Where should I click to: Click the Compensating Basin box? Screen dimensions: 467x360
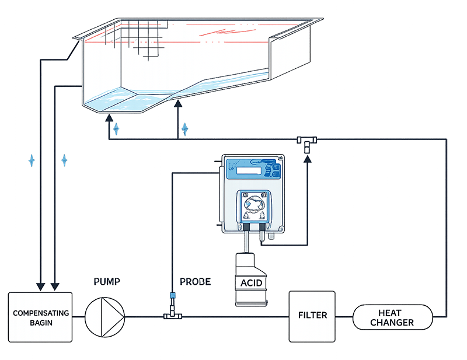40,317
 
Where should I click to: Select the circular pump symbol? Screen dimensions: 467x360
105,317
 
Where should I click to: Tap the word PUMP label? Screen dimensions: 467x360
107,282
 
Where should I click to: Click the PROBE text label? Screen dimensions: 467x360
196,282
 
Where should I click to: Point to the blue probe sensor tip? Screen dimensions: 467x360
172,295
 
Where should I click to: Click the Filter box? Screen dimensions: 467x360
312,316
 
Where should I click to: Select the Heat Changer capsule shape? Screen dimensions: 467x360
392,317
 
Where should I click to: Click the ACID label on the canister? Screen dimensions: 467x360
252,282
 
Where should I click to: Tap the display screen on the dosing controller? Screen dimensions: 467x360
249,170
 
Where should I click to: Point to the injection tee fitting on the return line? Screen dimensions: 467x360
307,143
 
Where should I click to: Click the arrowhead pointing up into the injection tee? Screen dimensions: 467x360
308,159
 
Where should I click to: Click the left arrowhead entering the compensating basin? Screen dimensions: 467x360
40,286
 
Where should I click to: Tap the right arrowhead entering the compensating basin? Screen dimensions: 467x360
55,286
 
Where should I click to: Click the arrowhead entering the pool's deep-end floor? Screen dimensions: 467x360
109,118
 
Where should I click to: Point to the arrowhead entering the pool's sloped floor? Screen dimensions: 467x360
178,103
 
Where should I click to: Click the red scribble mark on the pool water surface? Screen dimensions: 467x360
227,32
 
